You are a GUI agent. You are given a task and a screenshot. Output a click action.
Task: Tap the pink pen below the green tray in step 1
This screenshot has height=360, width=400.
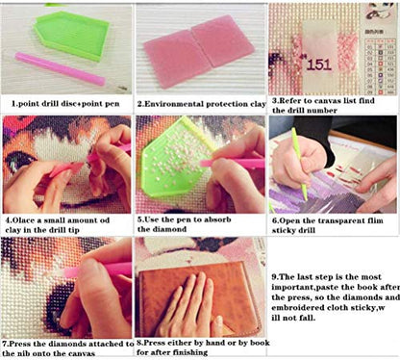click(x=60, y=69)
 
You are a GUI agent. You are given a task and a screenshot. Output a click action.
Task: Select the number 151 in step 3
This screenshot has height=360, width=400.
click(x=318, y=64)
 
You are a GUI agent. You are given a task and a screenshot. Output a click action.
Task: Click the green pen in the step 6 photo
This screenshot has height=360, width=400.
click(x=300, y=164)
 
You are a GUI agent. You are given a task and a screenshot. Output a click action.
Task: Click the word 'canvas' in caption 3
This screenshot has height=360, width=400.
click(x=331, y=101)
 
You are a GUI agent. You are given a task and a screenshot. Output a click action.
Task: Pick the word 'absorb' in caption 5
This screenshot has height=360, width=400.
click(x=217, y=219)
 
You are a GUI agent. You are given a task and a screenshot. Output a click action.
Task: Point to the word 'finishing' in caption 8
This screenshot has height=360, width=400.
click(x=190, y=352)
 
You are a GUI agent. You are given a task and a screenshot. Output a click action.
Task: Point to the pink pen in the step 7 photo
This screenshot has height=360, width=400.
click(x=98, y=270)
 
